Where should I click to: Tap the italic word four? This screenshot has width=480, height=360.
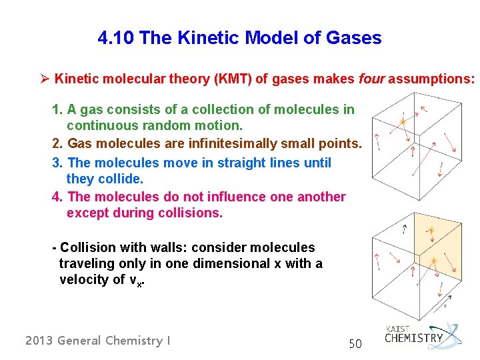(371, 79)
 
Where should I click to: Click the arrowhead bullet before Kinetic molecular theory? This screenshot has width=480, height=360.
(45, 79)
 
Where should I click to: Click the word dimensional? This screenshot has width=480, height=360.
(231, 263)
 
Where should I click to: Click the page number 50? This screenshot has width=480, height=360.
(355, 344)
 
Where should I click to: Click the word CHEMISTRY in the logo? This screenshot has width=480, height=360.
(413, 338)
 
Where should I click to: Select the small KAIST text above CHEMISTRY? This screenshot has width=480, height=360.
(398, 329)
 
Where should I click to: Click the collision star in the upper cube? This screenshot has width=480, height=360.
(402, 122)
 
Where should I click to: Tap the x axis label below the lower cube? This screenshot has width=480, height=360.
(445, 307)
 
